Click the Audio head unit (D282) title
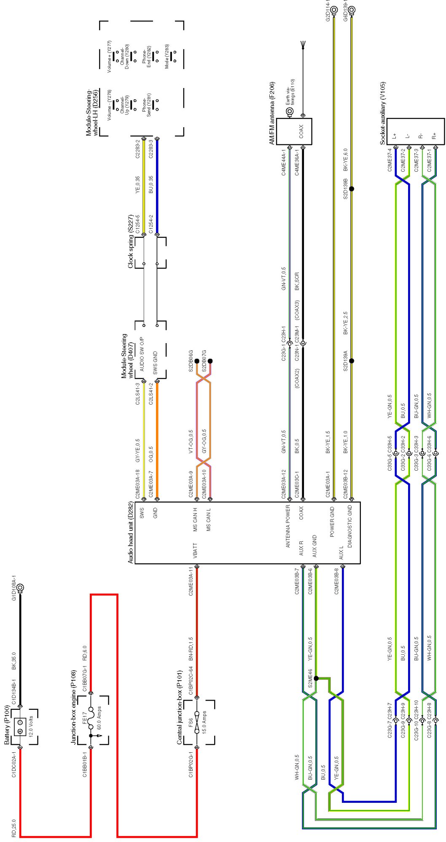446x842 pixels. pyautogui.click(x=131, y=533)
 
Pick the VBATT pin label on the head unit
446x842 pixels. pyautogui.click(x=195, y=551)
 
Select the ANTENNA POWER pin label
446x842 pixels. pyautogui.click(x=288, y=526)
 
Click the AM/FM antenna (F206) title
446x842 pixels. pyautogui.click(x=272, y=113)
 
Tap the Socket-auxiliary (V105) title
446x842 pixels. pyautogui.click(x=382, y=113)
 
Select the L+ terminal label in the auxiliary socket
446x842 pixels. pyautogui.click(x=394, y=136)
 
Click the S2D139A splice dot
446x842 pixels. pyautogui.click(x=352, y=361)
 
